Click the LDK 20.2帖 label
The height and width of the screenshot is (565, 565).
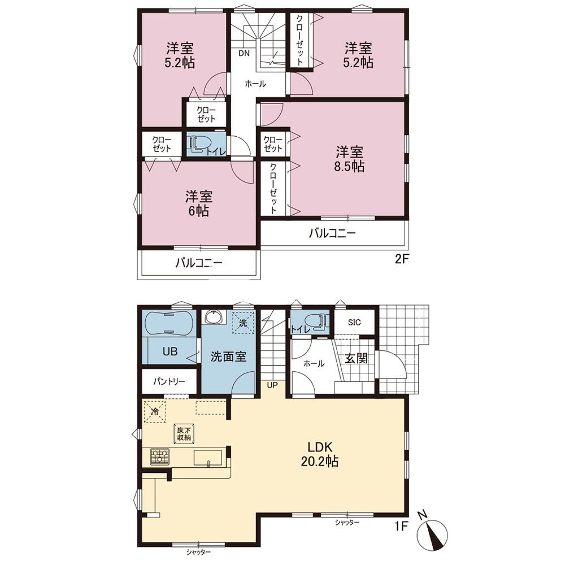pos(320,454)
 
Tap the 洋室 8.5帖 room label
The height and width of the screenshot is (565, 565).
pos(350,159)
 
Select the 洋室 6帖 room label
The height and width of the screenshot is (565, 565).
pos(199,203)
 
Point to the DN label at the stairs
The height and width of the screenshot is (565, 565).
pos(244,53)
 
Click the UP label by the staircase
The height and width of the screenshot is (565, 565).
pos(272,385)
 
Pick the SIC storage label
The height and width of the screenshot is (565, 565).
pos(354,323)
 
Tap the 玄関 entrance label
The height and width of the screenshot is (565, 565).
pos(357,358)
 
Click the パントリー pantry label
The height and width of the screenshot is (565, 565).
pos(169,381)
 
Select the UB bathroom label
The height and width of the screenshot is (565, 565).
pos(170,351)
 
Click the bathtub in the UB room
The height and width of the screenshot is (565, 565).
pos(169,324)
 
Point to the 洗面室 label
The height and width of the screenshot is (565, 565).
pos(228,357)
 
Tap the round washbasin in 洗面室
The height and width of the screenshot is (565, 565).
pos(214,318)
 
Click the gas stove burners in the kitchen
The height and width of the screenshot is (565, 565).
pos(159,457)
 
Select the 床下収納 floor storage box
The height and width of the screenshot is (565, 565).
pos(184,433)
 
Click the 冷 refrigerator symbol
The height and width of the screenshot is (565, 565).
pos(155,411)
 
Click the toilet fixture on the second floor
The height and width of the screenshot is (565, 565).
pos(198,144)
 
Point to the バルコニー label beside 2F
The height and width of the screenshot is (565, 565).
pos(332,233)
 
